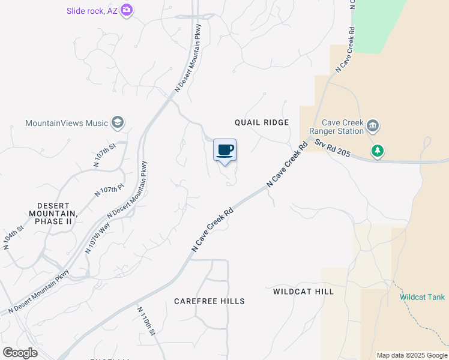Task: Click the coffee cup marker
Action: (x=225, y=150)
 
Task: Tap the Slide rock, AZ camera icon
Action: (x=127, y=10)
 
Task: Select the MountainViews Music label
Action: (x=66, y=123)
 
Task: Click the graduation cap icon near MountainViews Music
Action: (x=117, y=123)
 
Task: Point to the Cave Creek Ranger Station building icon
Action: (x=373, y=125)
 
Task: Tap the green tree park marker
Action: (x=378, y=151)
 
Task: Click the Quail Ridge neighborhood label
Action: (x=261, y=122)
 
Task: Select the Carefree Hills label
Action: (x=209, y=301)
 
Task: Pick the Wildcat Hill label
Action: (x=303, y=292)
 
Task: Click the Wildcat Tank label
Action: (x=423, y=297)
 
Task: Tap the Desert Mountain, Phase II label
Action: (x=53, y=213)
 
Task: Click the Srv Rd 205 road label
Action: (x=332, y=149)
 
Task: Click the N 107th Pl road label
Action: (x=109, y=192)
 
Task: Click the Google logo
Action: (x=20, y=353)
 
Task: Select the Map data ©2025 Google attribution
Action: (x=412, y=355)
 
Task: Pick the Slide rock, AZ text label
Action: (x=92, y=10)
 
